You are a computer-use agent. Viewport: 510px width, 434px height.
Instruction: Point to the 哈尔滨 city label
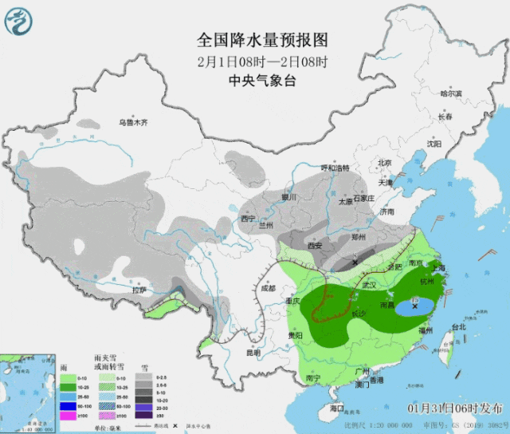pos(451,93)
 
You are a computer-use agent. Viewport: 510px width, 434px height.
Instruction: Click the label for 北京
pos(385,163)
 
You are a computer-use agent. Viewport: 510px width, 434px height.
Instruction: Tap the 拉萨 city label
pos(140,290)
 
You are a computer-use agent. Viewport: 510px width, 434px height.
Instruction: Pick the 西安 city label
pos(315,247)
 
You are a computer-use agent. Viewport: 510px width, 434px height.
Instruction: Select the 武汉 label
pos(368,284)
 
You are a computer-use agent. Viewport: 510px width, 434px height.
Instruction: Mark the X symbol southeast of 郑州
pos(355,262)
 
